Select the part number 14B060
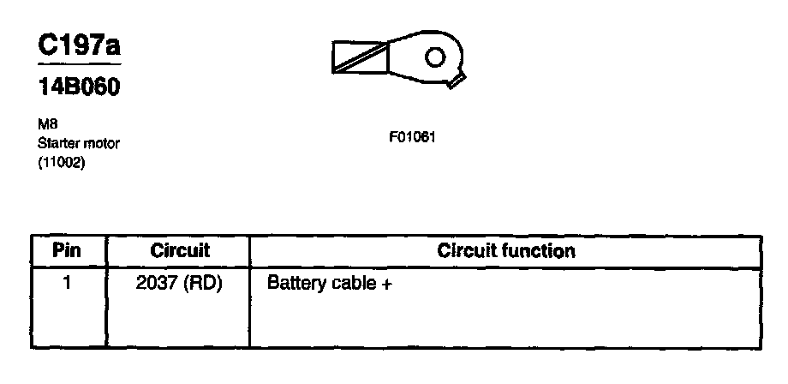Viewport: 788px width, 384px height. click(x=77, y=90)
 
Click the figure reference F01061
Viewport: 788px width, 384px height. click(x=414, y=136)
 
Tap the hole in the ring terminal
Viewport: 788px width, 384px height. click(x=435, y=57)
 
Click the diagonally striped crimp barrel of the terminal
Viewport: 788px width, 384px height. click(x=361, y=57)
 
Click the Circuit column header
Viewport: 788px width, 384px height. click(x=180, y=251)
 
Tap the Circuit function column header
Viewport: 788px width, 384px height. click(x=505, y=251)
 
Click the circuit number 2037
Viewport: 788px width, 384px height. click(x=155, y=283)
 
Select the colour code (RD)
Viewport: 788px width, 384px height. click(x=202, y=283)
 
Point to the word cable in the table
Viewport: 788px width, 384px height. click(x=352, y=283)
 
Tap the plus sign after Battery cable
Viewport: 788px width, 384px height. click(x=386, y=284)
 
